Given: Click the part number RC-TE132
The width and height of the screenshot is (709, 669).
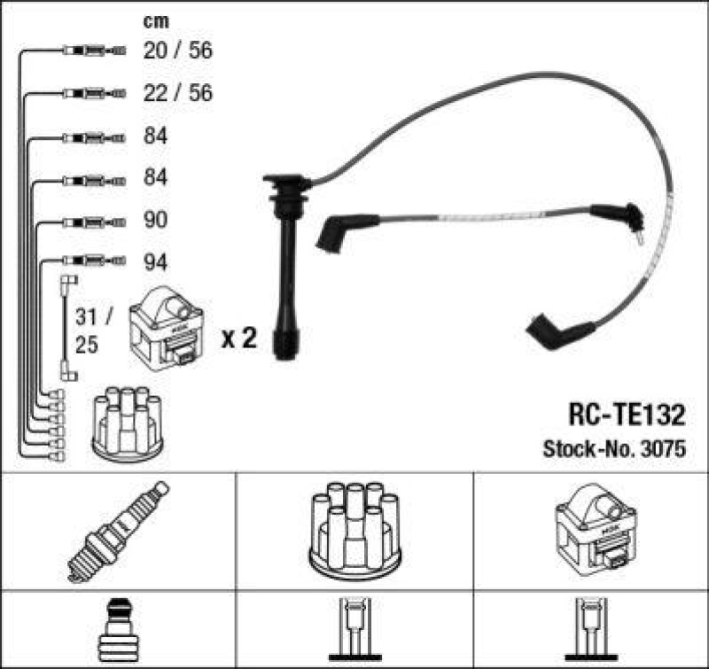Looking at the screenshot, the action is tap(627, 415).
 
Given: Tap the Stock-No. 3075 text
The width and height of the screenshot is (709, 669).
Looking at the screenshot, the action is tap(614, 449).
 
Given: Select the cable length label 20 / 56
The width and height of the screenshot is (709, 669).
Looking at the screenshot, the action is tap(178, 50).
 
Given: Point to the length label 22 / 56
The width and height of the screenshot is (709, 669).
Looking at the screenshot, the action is tap(178, 93).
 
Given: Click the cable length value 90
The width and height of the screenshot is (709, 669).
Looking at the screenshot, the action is tap(156, 220).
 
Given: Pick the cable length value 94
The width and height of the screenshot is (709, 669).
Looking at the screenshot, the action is tap(156, 262).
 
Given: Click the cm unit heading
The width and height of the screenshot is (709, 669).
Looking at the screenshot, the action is tap(156, 21).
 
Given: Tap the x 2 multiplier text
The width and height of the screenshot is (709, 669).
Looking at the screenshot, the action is tap(239, 338).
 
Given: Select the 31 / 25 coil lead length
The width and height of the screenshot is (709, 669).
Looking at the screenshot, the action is tap(93, 331).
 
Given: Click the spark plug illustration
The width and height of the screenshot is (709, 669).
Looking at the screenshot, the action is tap(118, 532).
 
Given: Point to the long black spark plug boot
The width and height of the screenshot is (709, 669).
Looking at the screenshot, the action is tap(286, 267).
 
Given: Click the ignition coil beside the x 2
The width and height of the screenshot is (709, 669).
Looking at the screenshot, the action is tap(167, 329).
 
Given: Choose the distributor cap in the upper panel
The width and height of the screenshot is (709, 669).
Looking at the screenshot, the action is tap(128, 424).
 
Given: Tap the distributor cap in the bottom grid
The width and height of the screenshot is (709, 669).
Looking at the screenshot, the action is tap(355, 533).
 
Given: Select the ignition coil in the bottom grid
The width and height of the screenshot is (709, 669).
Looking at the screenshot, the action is tap(596, 530).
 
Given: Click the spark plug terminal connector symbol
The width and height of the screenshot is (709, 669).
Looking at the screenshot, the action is tap(119, 630).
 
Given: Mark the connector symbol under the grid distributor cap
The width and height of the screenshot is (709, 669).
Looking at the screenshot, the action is tap(355, 630).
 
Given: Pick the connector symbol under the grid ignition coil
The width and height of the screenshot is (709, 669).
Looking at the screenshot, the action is tap(591, 630).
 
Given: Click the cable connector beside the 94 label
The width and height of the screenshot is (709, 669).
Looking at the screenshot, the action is tap(94, 261).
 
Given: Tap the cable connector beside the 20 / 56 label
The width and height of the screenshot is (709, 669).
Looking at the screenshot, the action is tap(94, 51).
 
